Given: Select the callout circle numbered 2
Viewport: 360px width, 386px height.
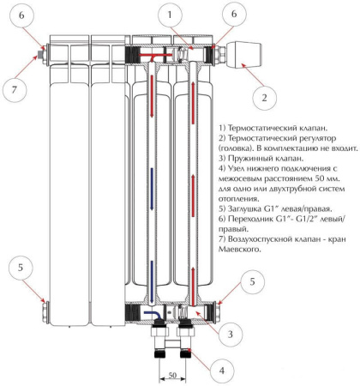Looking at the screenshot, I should (264, 99).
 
